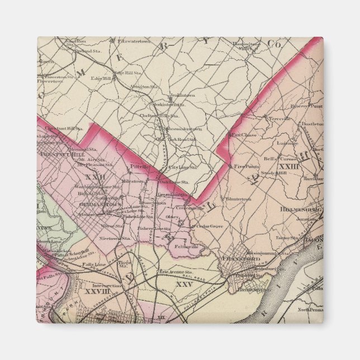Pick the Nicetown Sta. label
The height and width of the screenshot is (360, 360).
pos(112,238)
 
